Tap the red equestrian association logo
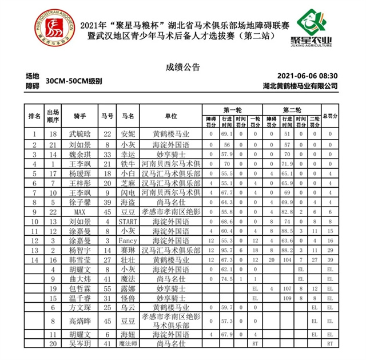click(53, 25)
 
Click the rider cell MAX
click(79, 212)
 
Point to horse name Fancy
click(125, 241)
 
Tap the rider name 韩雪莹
click(79, 260)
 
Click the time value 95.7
click(226, 251)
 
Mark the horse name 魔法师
click(125, 343)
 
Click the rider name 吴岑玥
click(79, 343)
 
